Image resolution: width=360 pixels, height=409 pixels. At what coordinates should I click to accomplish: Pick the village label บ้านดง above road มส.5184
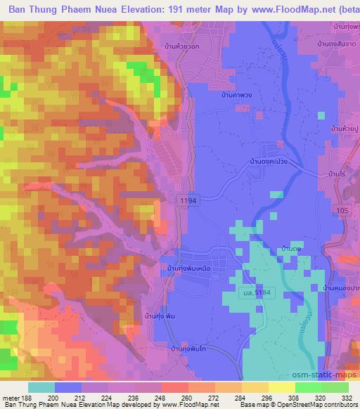(x=291, y=249)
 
